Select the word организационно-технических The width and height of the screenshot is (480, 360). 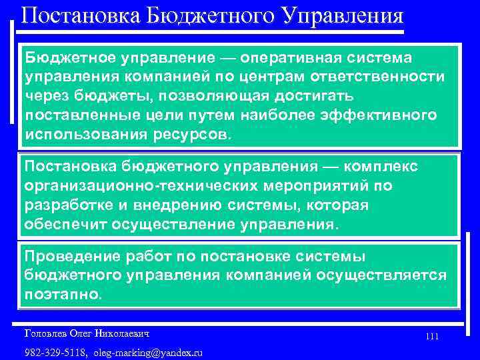118,185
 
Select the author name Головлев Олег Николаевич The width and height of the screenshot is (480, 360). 86,332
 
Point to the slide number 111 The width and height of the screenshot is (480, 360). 431,337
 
